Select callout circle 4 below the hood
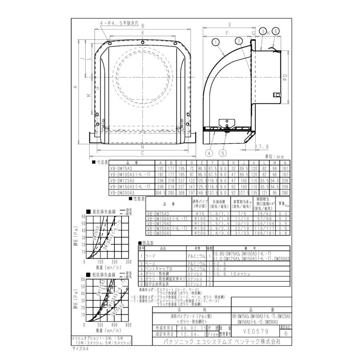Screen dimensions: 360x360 209,152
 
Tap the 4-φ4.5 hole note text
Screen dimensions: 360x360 120,24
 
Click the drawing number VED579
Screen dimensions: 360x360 255,332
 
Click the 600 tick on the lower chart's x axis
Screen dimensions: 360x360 128,325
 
